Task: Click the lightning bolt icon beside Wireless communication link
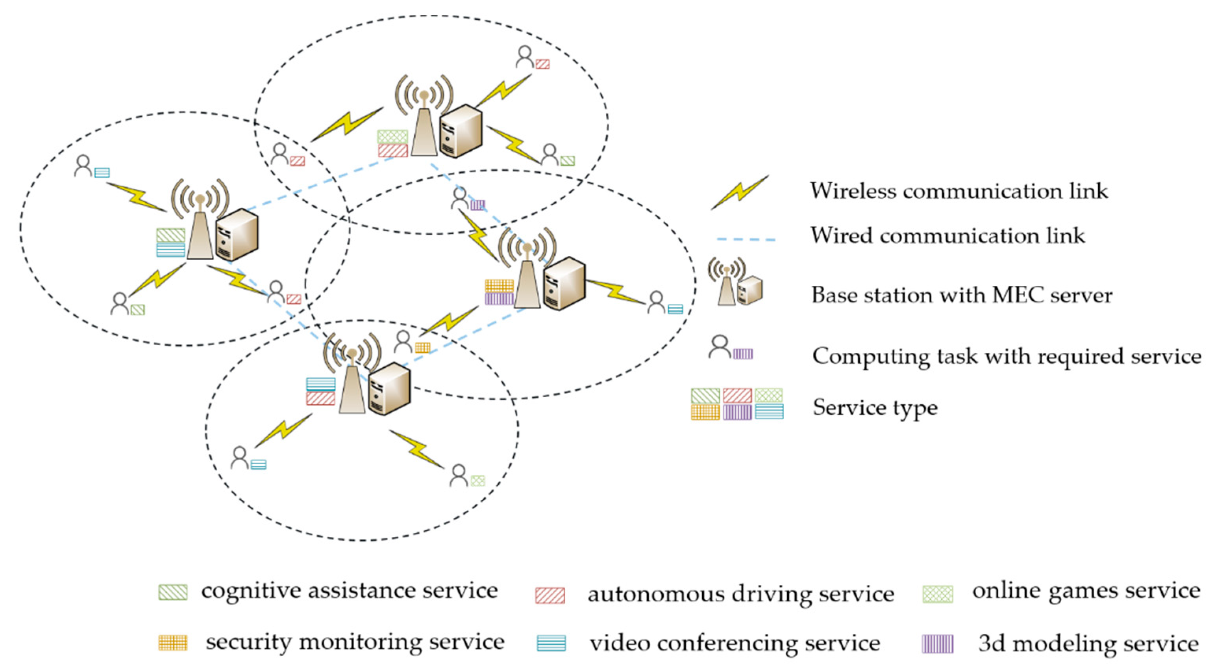[x=740, y=192]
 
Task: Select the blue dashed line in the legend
[x=746, y=240]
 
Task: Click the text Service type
[x=875, y=407]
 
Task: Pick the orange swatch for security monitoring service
[x=173, y=642]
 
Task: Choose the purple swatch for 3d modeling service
[x=937, y=644]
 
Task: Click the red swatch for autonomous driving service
[x=550, y=595]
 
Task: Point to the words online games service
[x=1086, y=590]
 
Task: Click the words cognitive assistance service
[x=349, y=590]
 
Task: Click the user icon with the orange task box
[x=403, y=342]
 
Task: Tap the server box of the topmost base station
[x=461, y=131]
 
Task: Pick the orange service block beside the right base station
[x=499, y=286]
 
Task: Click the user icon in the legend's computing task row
[x=719, y=347]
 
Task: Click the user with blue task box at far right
[x=656, y=302]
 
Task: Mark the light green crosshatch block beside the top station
[x=392, y=137]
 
